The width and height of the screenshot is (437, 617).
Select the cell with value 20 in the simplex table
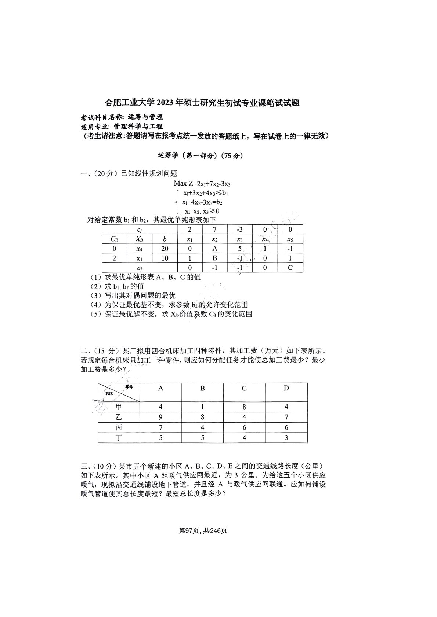point(165,249)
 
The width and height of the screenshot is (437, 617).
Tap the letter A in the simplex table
point(215,249)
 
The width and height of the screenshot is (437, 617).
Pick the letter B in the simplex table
point(215,258)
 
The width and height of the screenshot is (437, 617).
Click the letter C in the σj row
point(290,268)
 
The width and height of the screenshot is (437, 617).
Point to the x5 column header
point(290,239)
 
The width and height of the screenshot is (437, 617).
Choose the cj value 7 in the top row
point(215,229)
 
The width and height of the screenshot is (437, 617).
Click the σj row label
point(140,268)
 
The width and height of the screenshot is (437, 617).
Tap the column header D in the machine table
point(286,388)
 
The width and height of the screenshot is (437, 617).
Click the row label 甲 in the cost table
point(119,407)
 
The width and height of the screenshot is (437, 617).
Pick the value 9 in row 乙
point(160,417)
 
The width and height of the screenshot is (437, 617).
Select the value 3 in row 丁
point(286,437)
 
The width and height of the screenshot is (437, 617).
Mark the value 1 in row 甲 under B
point(202,407)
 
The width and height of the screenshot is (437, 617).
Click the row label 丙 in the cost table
point(119,427)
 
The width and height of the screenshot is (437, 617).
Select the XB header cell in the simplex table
point(140,239)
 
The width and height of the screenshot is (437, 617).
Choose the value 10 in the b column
point(165,258)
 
